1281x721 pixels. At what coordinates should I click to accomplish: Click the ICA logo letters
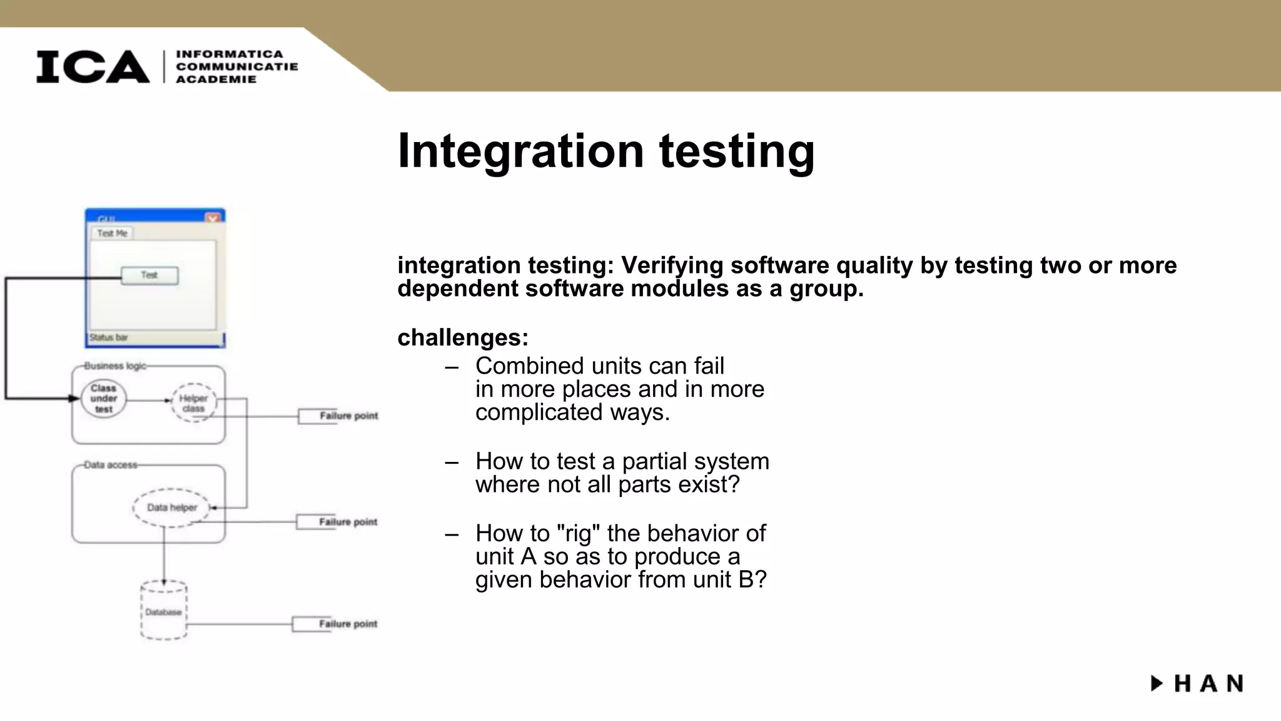[x=93, y=66]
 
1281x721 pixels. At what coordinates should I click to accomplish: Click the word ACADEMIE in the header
[x=216, y=79]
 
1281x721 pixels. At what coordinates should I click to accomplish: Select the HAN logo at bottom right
[x=1197, y=683]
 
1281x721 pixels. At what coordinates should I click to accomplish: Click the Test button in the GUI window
[x=149, y=275]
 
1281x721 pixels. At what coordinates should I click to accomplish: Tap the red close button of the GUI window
[x=213, y=218]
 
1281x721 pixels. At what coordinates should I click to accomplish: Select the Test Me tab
[x=113, y=233]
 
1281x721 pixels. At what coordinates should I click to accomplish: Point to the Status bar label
[x=109, y=337]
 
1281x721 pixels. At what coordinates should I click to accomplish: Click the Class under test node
[x=104, y=399]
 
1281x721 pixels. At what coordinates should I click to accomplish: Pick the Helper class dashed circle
[x=193, y=402]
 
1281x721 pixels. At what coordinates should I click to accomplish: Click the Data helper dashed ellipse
[x=171, y=508]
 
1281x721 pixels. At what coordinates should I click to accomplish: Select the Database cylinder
[x=164, y=611]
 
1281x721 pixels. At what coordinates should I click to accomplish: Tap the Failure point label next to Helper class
[x=348, y=416]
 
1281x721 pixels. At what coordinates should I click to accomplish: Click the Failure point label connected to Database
[x=347, y=624]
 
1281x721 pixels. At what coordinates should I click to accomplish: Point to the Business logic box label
[x=115, y=366]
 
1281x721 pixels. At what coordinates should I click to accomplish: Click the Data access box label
[x=111, y=465]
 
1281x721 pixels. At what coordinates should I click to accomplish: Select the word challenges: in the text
[x=463, y=338]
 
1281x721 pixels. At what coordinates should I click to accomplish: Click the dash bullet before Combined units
[x=452, y=367]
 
